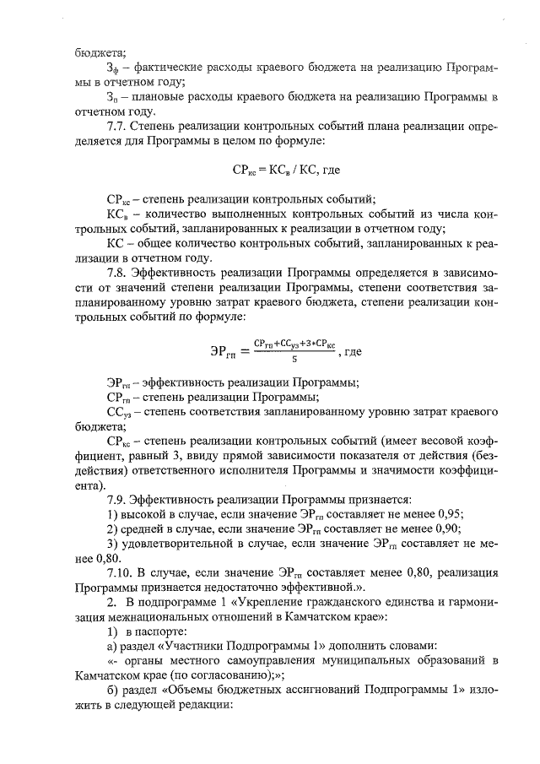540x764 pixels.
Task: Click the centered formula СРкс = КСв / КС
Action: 285,169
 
